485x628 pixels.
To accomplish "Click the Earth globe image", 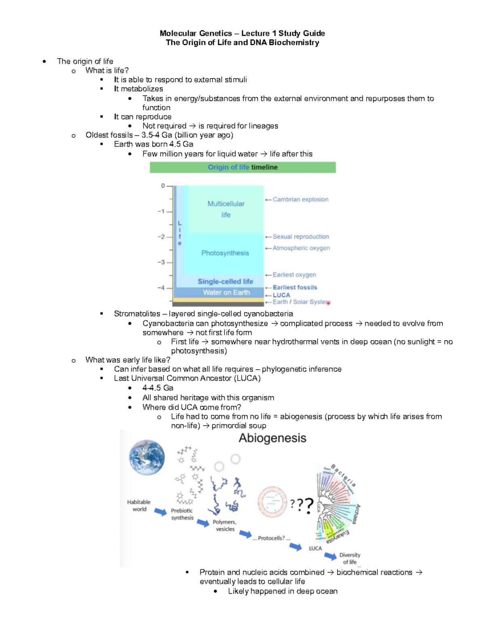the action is pyautogui.click(x=147, y=457).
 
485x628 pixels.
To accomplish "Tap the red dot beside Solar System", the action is pyautogui.click(x=328, y=303).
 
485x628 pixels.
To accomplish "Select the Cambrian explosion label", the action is pyautogui.click(x=300, y=199).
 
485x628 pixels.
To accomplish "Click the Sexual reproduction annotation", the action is pyautogui.click(x=301, y=237).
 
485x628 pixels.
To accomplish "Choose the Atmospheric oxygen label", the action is pyautogui.click(x=301, y=248).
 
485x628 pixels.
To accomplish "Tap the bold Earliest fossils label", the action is pyautogui.click(x=295, y=287).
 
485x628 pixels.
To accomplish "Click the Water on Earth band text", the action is pyautogui.click(x=226, y=292).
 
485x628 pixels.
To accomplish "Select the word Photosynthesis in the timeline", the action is pyautogui.click(x=225, y=253).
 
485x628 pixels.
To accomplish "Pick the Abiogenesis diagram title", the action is pyautogui.click(x=272, y=438).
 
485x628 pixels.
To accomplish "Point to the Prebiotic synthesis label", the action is pyautogui.click(x=182, y=514).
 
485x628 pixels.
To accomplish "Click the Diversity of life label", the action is pyautogui.click(x=350, y=558).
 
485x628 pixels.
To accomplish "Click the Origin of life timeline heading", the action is pyautogui.click(x=242, y=167).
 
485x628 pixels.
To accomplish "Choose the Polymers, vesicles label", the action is pyautogui.click(x=225, y=525).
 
